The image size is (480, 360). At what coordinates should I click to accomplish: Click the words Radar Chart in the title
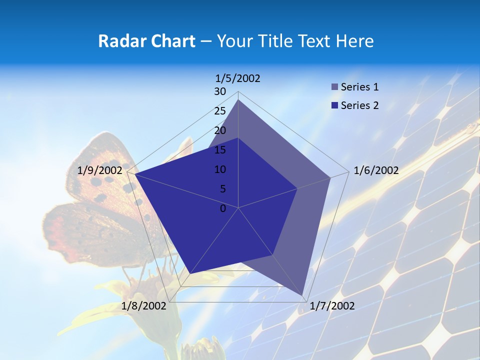[146, 41]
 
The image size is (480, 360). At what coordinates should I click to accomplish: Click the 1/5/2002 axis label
[237, 78]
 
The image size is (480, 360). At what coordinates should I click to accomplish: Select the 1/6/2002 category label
[376, 170]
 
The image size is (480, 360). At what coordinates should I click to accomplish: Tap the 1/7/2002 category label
[332, 306]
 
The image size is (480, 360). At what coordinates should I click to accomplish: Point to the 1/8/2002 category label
[144, 306]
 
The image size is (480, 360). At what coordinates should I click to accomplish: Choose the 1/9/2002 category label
[100, 170]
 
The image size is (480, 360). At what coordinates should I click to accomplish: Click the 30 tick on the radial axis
[220, 91]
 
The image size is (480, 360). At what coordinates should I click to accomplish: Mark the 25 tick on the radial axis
[220, 111]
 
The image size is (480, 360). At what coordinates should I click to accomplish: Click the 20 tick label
[220, 130]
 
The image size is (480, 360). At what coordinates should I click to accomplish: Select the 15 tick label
[220, 150]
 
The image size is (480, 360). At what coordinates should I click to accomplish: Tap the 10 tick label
[220, 169]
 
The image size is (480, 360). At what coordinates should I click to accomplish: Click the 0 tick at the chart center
[223, 208]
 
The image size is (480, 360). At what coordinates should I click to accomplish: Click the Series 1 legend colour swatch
[334, 87]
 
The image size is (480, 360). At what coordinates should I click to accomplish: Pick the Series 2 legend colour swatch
[334, 105]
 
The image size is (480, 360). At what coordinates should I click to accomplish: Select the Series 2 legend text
[359, 105]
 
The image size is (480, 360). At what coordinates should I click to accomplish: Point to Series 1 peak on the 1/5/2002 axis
[238, 100]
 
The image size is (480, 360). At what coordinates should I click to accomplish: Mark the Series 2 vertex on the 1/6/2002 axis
[297, 188]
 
